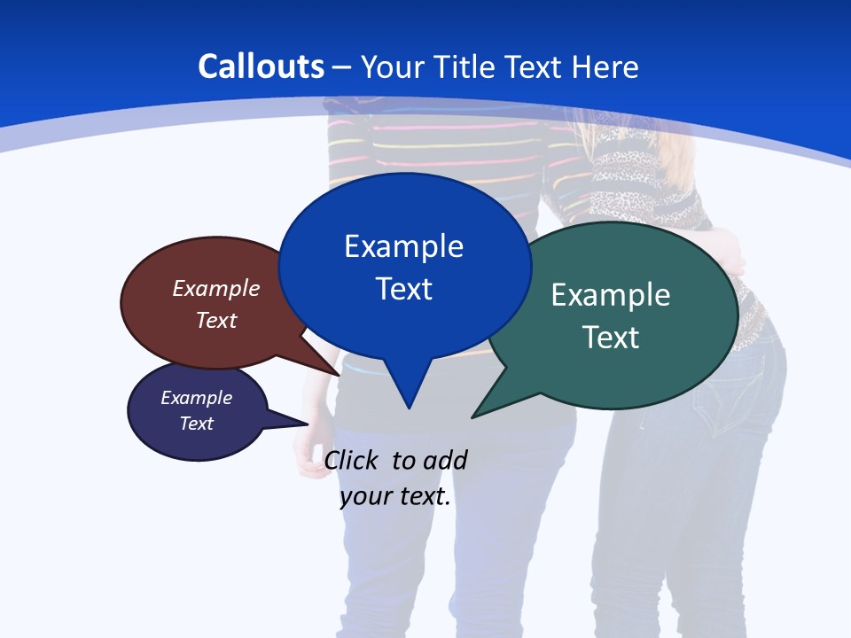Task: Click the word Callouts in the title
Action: point(261,66)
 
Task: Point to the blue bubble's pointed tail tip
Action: point(409,408)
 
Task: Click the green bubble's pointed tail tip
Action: point(472,416)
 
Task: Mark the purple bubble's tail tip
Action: point(308,424)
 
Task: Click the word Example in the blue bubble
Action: point(403,245)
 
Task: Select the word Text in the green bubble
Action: point(611,337)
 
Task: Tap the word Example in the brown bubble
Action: point(216,288)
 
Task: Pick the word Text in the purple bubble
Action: point(197,424)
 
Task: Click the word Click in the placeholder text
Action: point(353,460)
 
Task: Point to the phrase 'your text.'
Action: point(395,496)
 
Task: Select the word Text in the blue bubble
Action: point(404,289)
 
